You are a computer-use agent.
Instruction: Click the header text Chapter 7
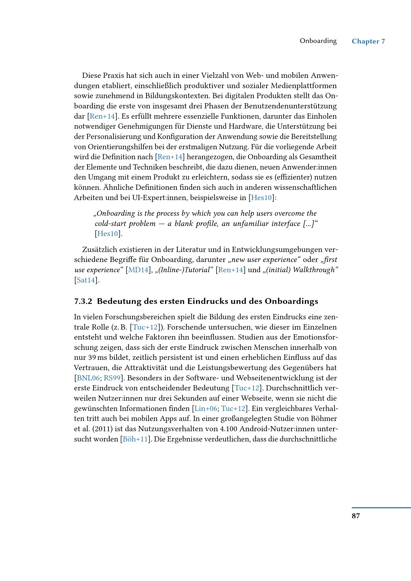coord(368,41)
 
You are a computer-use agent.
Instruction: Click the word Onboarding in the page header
coord(318,41)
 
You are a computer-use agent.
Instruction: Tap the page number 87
coord(356,516)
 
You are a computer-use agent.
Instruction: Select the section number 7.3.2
coord(83,301)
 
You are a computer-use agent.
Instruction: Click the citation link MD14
coord(138,270)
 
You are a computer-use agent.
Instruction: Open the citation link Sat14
coord(86,280)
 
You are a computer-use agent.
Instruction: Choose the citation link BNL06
coord(88,378)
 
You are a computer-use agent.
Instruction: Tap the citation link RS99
coord(112,378)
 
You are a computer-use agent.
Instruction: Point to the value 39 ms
coord(97,358)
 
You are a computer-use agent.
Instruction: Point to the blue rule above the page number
coord(381,508)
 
